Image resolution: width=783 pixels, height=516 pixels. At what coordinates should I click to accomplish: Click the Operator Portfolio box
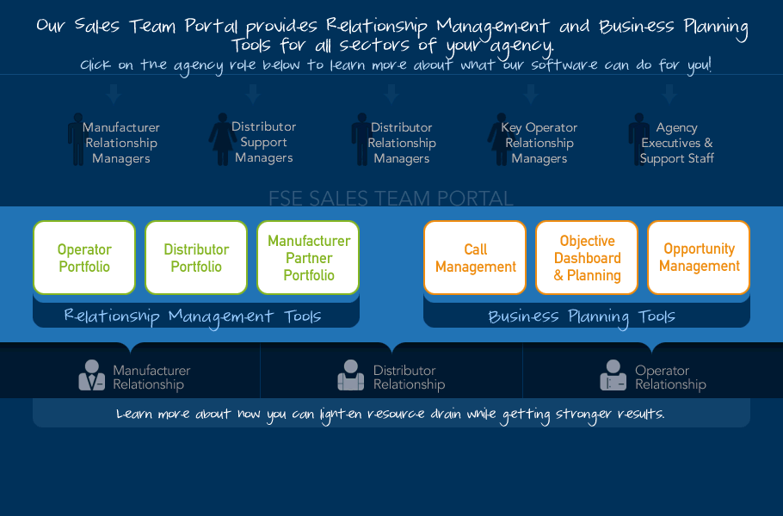(84, 257)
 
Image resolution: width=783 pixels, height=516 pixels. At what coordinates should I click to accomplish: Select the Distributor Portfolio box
(196, 257)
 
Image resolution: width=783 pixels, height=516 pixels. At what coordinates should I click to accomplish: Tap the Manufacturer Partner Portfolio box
(308, 257)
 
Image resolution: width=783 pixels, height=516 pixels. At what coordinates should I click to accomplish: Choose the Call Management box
(475, 257)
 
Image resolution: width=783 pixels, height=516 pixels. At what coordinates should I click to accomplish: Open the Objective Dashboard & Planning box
(587, 257)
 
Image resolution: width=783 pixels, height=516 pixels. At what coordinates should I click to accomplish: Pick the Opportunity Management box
(699, 257)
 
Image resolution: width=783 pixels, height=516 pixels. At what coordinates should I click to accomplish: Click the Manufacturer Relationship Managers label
(121, 143)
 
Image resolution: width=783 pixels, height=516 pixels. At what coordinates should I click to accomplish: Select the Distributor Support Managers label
(263, 142)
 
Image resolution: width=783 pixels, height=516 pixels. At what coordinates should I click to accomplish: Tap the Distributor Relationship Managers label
(402, 143)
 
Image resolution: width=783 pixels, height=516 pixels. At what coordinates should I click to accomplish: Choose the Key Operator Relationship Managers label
(539, 143)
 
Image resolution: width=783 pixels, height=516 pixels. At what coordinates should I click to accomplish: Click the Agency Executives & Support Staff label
(676, 143)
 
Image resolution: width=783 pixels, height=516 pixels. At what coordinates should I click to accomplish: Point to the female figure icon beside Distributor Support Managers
(223, 139)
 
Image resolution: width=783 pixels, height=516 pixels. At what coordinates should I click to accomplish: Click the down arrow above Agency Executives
(669, 94)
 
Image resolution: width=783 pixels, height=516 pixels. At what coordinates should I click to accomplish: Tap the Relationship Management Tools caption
(193, 316)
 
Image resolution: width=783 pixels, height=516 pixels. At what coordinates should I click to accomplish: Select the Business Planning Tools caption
(582, 316)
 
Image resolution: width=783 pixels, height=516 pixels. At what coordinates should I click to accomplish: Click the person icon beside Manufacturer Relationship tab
(92, 375)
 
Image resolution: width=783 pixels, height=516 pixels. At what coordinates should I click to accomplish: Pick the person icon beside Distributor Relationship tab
(350, 375)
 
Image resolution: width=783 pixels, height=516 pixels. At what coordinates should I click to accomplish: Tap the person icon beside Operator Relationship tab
(613, 375)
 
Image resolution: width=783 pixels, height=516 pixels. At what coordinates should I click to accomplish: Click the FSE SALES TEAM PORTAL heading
(391, 198)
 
